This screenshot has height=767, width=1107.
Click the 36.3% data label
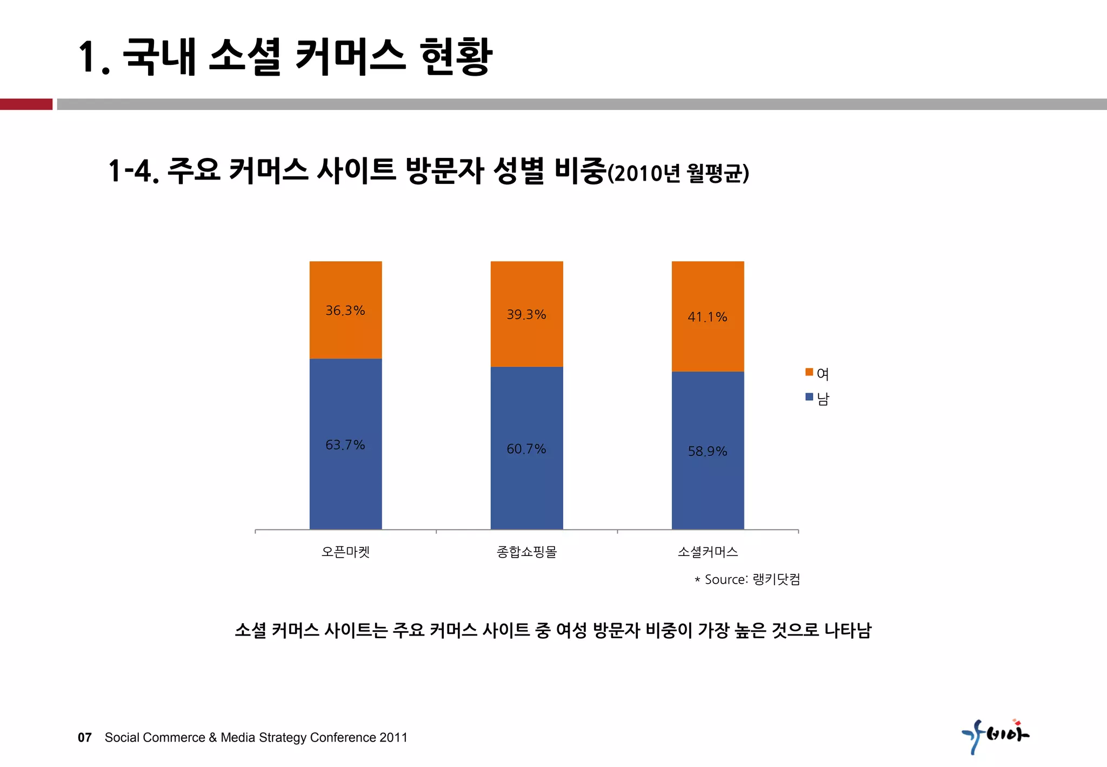click(x=345, y=310)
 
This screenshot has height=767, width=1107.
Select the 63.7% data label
click(x=345, y=445)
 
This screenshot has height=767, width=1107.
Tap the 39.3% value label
click(x=526, y=314)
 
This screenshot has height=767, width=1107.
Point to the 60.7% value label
click(x=526, y=449)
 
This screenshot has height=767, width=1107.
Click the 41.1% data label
click(x=707, y=317)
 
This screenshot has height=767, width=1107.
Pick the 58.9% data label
click(x=707, y=451)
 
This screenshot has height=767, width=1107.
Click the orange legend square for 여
click(x=809, y=372)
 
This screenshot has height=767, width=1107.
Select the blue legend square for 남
click(x=809, y=397)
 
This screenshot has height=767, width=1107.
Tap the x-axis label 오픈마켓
click(x=345, y=552)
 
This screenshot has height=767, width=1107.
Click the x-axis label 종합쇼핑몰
click(x=526, y=552)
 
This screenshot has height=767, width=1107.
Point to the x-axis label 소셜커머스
click(x=708, y=552)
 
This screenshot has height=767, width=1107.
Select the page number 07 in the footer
click(x=85, y=737)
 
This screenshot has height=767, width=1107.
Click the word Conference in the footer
click(x=343, y=737)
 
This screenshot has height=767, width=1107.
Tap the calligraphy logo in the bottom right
click(x=996, y=736)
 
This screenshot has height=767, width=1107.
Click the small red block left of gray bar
click(x=26, y=104)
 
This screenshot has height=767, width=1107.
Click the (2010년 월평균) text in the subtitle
click(x=678, y=174)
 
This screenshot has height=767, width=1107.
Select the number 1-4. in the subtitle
click(x=133, y=171)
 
